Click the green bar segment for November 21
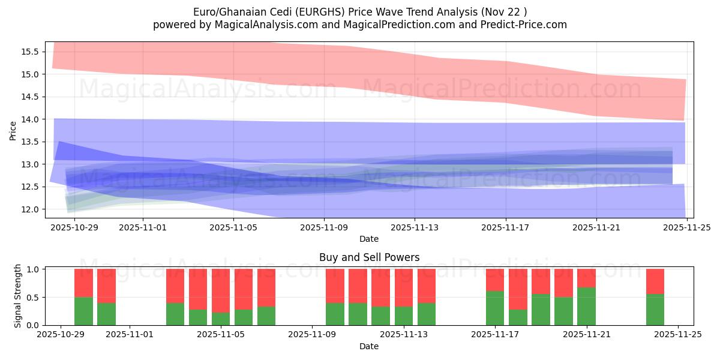[586, 307]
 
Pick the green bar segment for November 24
[655, 310]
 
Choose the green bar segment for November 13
[427, 314]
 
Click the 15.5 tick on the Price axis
[30, 52]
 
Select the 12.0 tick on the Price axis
[30, 209]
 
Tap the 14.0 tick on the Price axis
[30, 119]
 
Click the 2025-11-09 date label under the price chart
[324, 227]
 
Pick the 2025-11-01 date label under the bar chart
[130, 335]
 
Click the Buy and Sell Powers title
[369, 258]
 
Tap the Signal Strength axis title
[18, 296]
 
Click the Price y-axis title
[13, 130]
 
